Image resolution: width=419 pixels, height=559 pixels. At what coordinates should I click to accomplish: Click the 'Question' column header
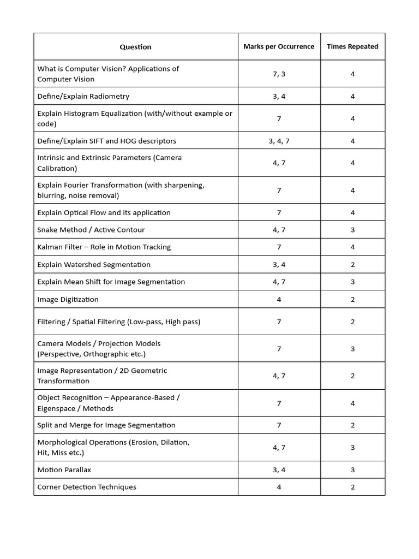135,47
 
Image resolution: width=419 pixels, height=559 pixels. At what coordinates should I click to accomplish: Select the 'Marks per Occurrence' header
279,46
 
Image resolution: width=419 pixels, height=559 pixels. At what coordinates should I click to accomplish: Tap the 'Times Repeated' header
352,46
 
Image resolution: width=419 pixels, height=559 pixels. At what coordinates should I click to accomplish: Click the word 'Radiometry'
111,96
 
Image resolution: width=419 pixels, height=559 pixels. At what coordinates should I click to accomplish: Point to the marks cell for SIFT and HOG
279,141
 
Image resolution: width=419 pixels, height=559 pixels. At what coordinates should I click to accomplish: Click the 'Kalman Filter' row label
104,247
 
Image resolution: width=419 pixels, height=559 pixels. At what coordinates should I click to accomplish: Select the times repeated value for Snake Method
352,230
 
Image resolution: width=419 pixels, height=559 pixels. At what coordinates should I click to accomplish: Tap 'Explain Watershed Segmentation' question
93,264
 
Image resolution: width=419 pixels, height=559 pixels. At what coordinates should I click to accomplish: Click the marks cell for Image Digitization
279,299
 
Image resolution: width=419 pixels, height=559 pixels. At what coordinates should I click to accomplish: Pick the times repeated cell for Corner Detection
352,487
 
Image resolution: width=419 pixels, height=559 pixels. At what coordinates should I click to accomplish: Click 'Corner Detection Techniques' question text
86,487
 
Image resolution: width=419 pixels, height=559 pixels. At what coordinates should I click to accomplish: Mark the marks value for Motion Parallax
279,469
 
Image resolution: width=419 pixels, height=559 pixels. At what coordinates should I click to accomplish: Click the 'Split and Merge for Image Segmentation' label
106,425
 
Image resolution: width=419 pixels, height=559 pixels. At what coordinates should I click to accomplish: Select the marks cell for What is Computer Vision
279,74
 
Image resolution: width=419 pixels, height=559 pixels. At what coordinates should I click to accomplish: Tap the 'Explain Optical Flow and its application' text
104,212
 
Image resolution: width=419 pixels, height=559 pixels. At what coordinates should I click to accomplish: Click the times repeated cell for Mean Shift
352,282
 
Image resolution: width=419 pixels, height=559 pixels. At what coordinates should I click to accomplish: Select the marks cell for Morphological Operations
279,447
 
